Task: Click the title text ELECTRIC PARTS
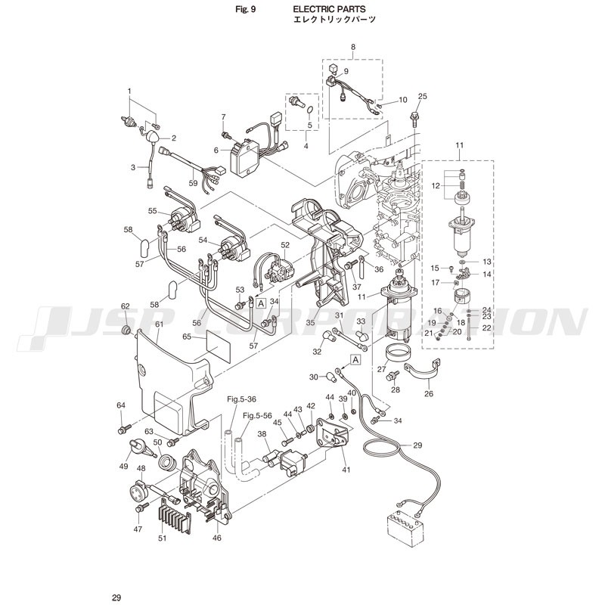(x=329, y=9)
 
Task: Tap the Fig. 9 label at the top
(x=245, y=9)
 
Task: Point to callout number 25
(x=423, y=96)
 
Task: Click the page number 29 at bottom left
(x=116, y=597)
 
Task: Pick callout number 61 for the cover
(x=160, y=324)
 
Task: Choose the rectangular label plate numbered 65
(x=219, y=346)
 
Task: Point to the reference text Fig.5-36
(x=241, y=399)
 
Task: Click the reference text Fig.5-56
(x=257, y=415)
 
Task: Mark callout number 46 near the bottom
(x=217, y=537)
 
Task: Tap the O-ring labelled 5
(x=310, y=111)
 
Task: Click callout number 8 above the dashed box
(x=353, y=47)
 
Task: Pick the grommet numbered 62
(x=126, y=330)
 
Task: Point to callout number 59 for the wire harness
(x=193, y=183)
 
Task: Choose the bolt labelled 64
(x=124, y=428)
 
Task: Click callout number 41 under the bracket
(x=346, y=470)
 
